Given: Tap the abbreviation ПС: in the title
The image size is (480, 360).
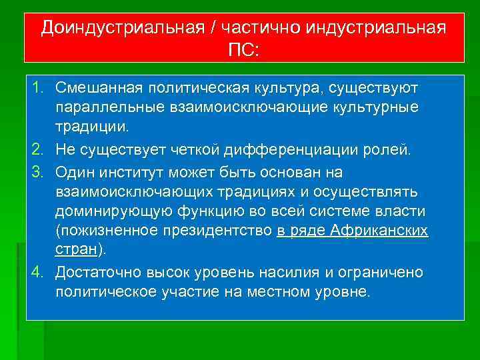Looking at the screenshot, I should click(x=245, y=51).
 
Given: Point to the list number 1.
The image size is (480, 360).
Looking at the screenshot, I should click(x=38, y=88).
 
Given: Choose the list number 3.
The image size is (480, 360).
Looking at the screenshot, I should click(x=38, y=172).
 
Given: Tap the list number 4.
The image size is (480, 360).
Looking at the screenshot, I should click(x=38, y=273).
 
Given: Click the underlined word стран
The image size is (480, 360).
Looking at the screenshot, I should click(x=76, y=251).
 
